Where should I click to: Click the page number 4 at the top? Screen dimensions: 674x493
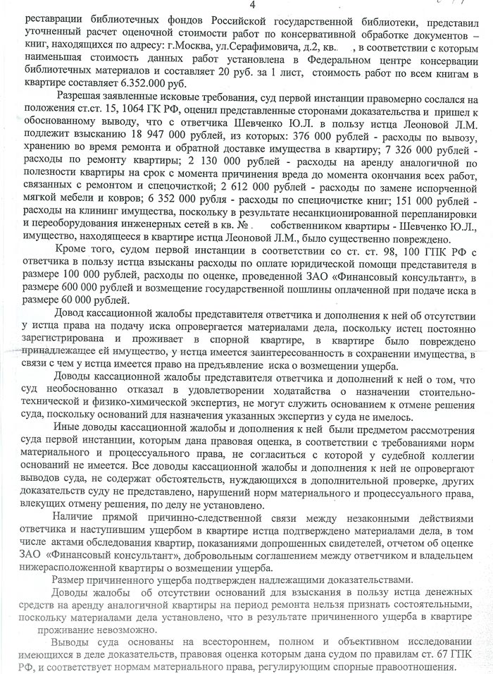click(x=243, y=7)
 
